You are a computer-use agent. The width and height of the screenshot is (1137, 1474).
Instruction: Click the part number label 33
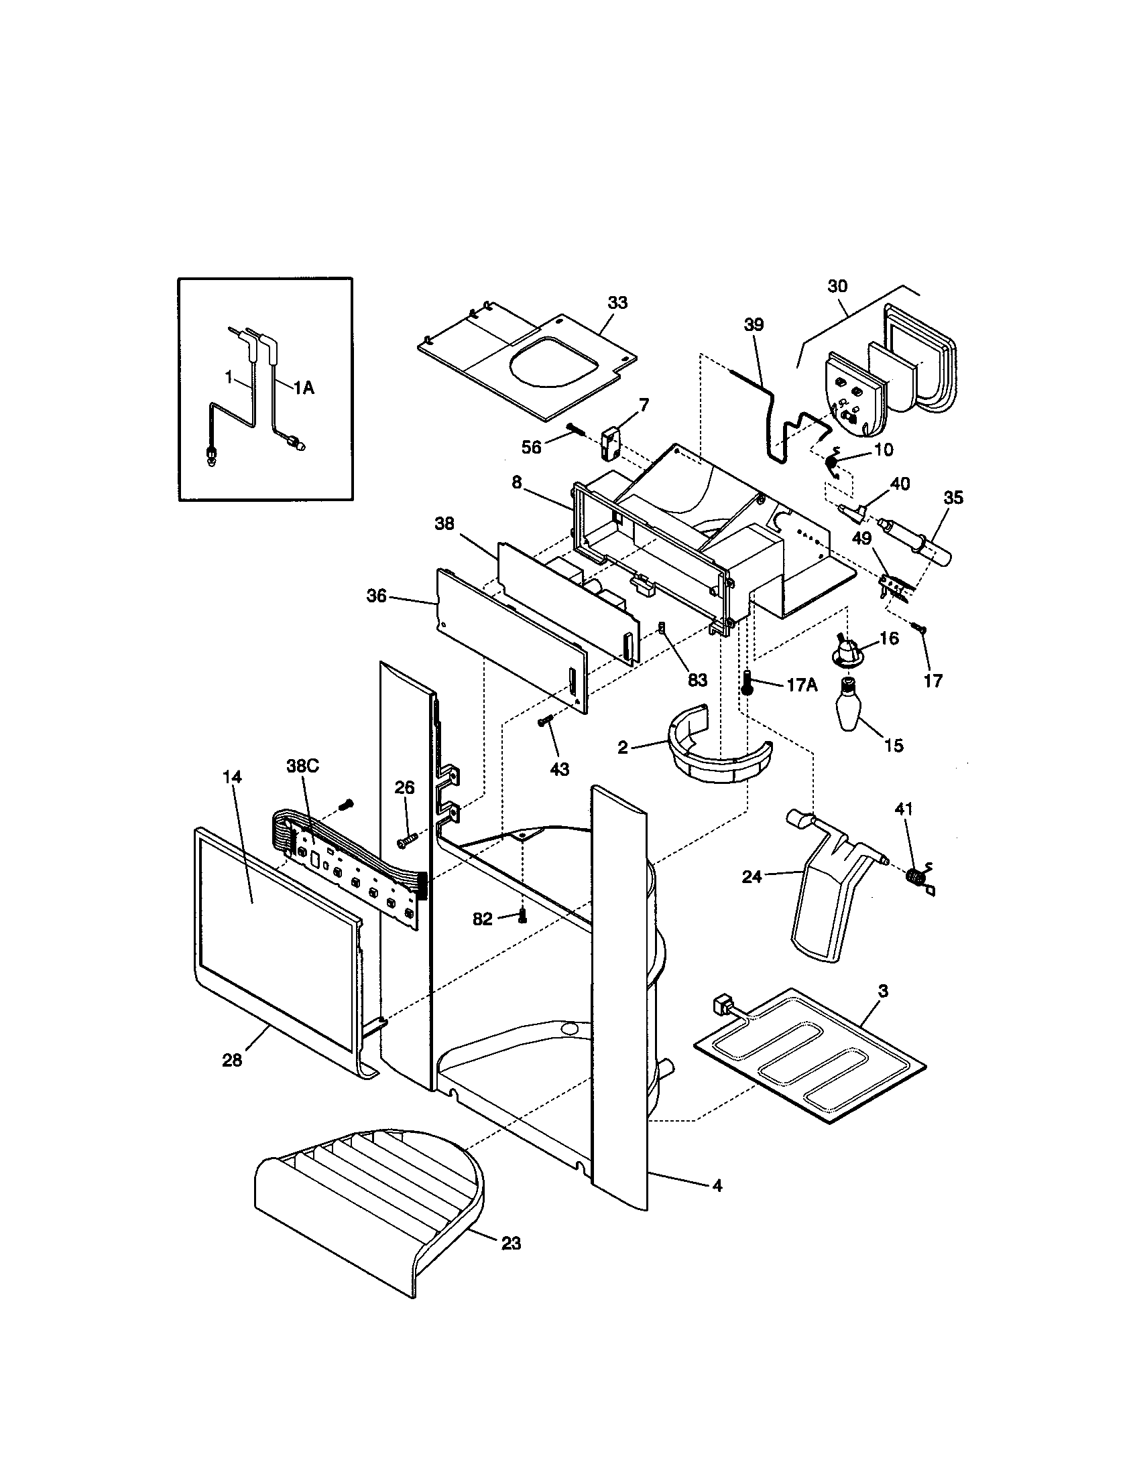[x=617, y=303]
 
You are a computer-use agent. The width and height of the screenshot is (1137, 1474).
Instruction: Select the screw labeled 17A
[x=747, y=683]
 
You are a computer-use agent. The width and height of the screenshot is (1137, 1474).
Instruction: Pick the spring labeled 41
[x=916, y=876]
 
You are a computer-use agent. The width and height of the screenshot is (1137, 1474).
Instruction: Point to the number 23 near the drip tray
[x=511, y=1242]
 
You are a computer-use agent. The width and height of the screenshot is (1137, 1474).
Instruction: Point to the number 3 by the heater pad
[x=883, y=992]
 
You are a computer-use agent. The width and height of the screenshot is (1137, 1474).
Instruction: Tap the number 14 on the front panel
[x=231, y=777]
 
